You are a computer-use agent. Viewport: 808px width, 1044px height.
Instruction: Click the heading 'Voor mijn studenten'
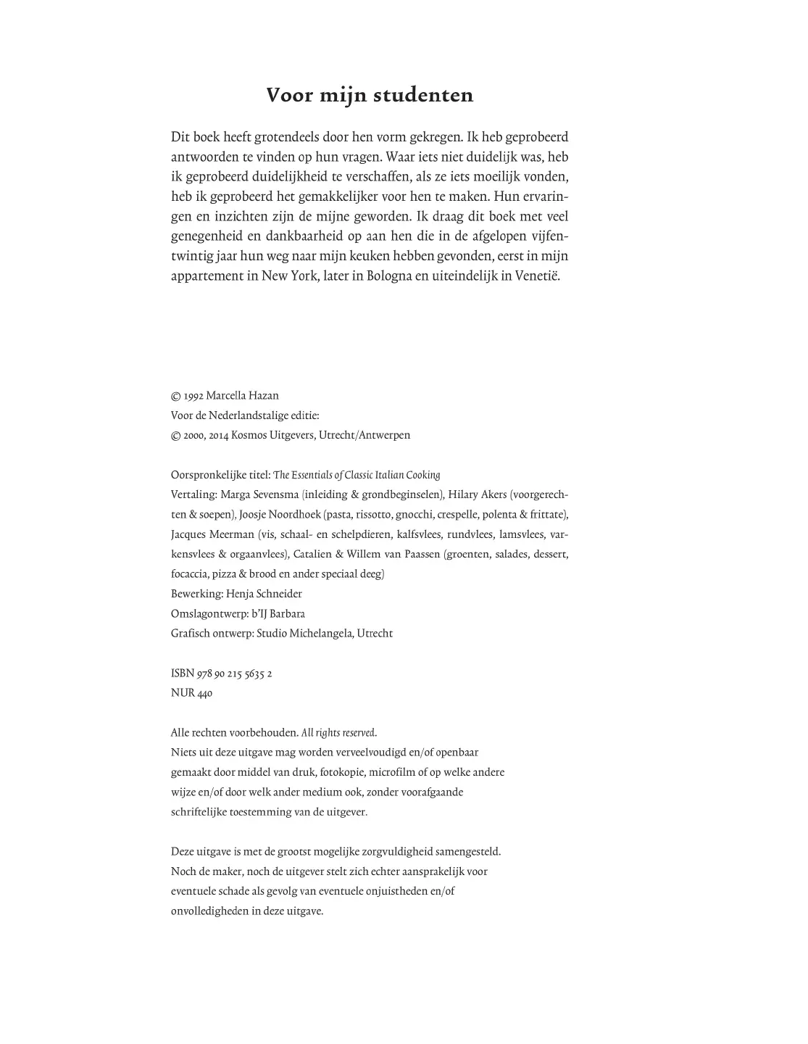click(x=370, y=95)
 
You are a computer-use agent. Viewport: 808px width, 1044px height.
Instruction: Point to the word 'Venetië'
click(x=537, y=276)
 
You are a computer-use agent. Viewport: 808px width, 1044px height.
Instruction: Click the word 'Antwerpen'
click(x=383, y=436)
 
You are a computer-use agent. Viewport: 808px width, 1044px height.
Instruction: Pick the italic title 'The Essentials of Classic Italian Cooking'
click(x=357, y=476)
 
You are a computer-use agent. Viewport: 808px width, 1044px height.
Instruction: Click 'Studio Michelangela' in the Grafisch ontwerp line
click(x=305, y=634)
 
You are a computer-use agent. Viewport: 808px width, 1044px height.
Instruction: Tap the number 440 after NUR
click(x=204, y=693)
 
